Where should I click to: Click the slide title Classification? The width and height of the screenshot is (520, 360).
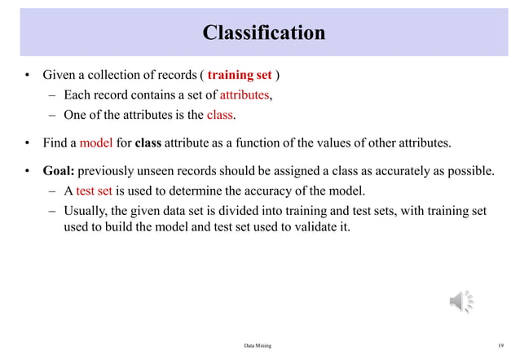point(263,33)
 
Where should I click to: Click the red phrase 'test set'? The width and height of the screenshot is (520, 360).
point(94,191)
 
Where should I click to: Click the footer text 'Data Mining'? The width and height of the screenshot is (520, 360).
point(258,346)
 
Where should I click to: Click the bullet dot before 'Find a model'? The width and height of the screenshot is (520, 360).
point(27,143)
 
